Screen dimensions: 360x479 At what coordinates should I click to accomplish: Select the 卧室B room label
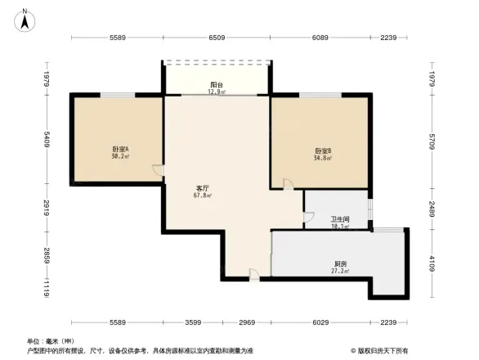coord(322,151)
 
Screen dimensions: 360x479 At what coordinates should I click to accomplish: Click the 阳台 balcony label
coord(217,85)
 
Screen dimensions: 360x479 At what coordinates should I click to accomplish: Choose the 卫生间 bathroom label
coord(340,219)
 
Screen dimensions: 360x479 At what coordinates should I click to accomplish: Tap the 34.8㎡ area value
coord(322,159)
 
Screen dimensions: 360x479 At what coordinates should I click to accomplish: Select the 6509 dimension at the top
coord(217,38)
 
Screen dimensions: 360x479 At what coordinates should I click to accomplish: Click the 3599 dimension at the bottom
coord(193,322)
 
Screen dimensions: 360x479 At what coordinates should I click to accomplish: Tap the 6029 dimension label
coord(321,322)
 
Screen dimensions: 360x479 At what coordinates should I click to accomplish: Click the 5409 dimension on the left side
coord(48,141)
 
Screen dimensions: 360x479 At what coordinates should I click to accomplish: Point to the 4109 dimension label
coord(431,264)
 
